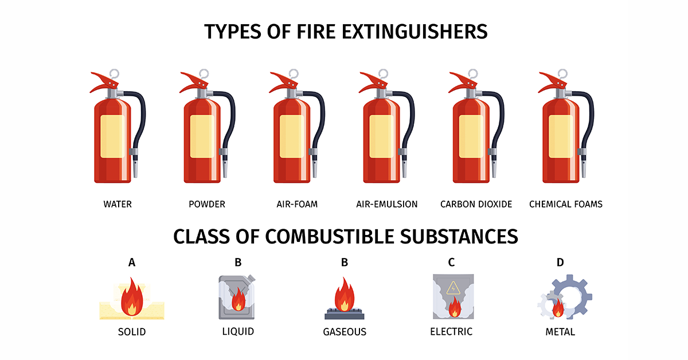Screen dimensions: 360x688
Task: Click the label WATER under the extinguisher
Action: coord(118,204)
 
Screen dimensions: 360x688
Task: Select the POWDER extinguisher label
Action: coord(207,204)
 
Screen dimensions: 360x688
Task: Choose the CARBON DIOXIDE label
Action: coord(476,204)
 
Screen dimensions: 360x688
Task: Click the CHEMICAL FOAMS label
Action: coord(565,204)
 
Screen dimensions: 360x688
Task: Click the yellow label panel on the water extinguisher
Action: coord(112,136)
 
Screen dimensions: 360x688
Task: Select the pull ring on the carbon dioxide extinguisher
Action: coord(473,74)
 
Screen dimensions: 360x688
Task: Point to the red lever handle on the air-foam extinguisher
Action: coord(280,81)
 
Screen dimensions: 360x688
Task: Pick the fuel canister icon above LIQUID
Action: coord(236,297)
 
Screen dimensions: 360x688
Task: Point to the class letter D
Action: coord(560,263)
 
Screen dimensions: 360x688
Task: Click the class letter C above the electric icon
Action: coord(451,263)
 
